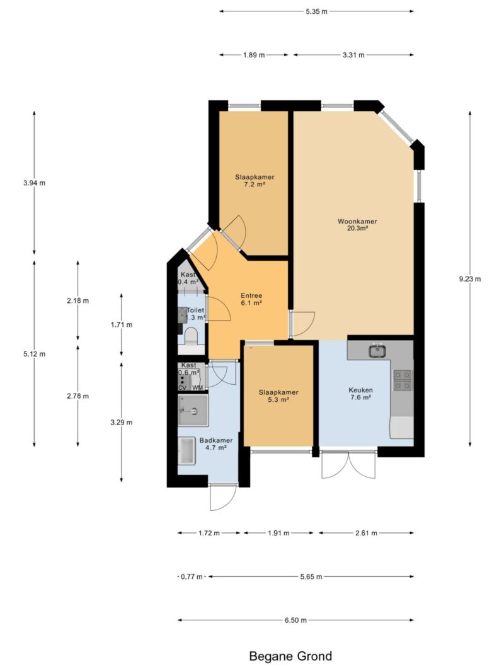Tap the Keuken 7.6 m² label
coord(360,394)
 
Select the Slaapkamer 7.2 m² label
coord(255,180)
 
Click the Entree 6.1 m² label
coord(251,299)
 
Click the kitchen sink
coord(377,351)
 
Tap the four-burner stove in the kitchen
coord(403,380)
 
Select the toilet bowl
coord(191,336)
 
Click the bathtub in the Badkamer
coord(187,451)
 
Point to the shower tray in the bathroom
coord(193,411)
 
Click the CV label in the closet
coord(183,388)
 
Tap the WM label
coord(198,388)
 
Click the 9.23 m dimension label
coord(470,279)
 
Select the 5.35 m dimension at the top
coord(317,11)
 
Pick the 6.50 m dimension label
coord(295,620)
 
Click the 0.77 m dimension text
coord(192,577)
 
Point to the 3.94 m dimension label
coord(34,183)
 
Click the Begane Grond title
coord(290,656)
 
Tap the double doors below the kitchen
coord(348,464)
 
